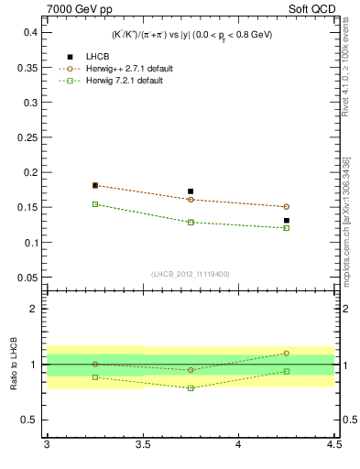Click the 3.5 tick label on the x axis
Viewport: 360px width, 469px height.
click(143, 445)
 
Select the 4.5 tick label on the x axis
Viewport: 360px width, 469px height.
click(333, 445)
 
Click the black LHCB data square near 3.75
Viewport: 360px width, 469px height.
click(191, 191)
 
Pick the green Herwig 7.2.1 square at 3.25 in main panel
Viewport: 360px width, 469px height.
click(95, 204)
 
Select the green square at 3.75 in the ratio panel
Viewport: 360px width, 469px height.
click(191, 388)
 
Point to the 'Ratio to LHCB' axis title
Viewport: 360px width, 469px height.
click(15, 364)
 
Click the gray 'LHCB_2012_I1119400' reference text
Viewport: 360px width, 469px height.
click(191, 274)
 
